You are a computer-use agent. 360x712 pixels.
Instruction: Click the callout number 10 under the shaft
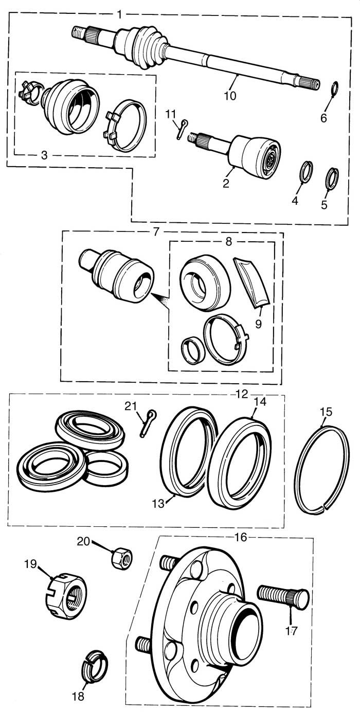click(x=230, y=95)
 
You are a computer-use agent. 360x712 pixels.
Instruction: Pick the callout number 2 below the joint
click(x=226, y=184)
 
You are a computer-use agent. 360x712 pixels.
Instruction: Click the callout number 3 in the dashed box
click(x=44, y=155)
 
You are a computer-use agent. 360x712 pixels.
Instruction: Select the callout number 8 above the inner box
click(x=228, y=242)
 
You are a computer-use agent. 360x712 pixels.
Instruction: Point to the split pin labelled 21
click(x=148, y=423)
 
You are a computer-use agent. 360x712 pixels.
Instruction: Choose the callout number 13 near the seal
click(x=158, y=503)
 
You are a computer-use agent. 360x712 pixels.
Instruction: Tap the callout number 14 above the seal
click(x=260, y=402)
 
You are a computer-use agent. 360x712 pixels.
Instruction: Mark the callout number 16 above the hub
click(x=241, y=537)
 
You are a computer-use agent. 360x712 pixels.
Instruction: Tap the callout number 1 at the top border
click(x=119, y=14)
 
